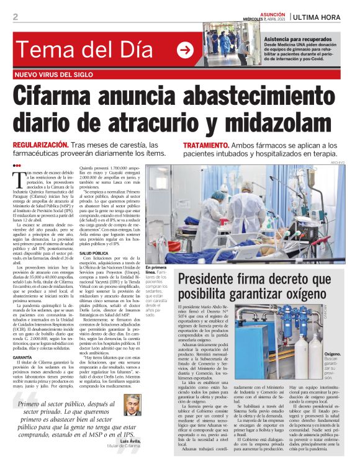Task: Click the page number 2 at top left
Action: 16,17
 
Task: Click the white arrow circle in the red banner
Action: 184,50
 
